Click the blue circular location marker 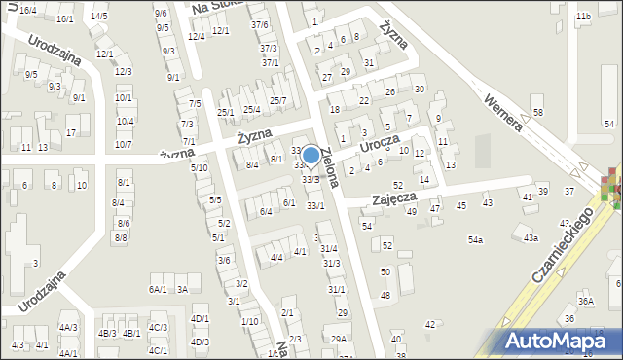click(311, 155)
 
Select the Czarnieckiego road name click(564, 244)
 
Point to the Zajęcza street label click(393, 199)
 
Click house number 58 click(537, 113)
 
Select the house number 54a click(475, 239)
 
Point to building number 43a click(531, 237)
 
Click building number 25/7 click(278, 100)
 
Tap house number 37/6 click(259, 25)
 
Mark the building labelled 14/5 click(99, 17)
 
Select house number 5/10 click(199, 168)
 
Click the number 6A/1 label click(158, 289)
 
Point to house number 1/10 click(250, 321)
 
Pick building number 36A click(585, 302)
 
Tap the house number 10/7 click(124, 145)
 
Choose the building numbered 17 click(70, 132)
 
